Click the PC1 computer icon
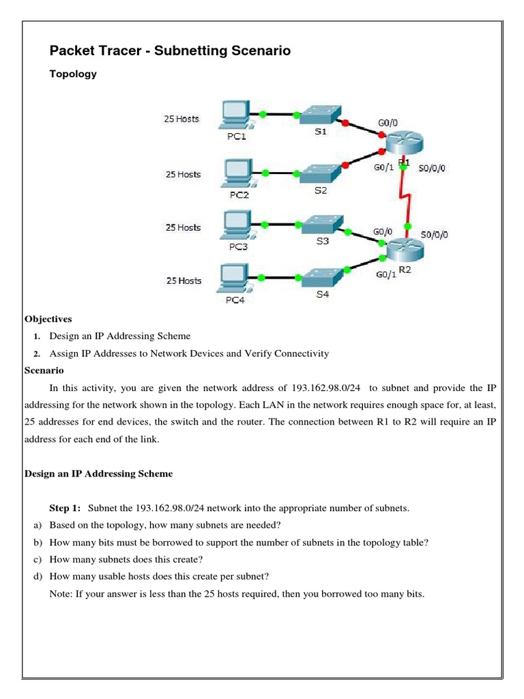[x=237, y=115]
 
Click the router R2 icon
[x=405, y=249]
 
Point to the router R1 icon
[x=404, y=144]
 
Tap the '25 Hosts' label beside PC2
[x=183, y=174]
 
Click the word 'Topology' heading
[x=73, y=74]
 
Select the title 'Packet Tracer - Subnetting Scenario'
[x=171, y=51]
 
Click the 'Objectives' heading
[x=48, y=319]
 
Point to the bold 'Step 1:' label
[x=65, y=508]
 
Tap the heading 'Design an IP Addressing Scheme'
[x=99, y=473]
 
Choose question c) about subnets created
[x=130, y=560]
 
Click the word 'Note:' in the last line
[x=62, y=594]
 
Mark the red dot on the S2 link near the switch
[x=346, y=165]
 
